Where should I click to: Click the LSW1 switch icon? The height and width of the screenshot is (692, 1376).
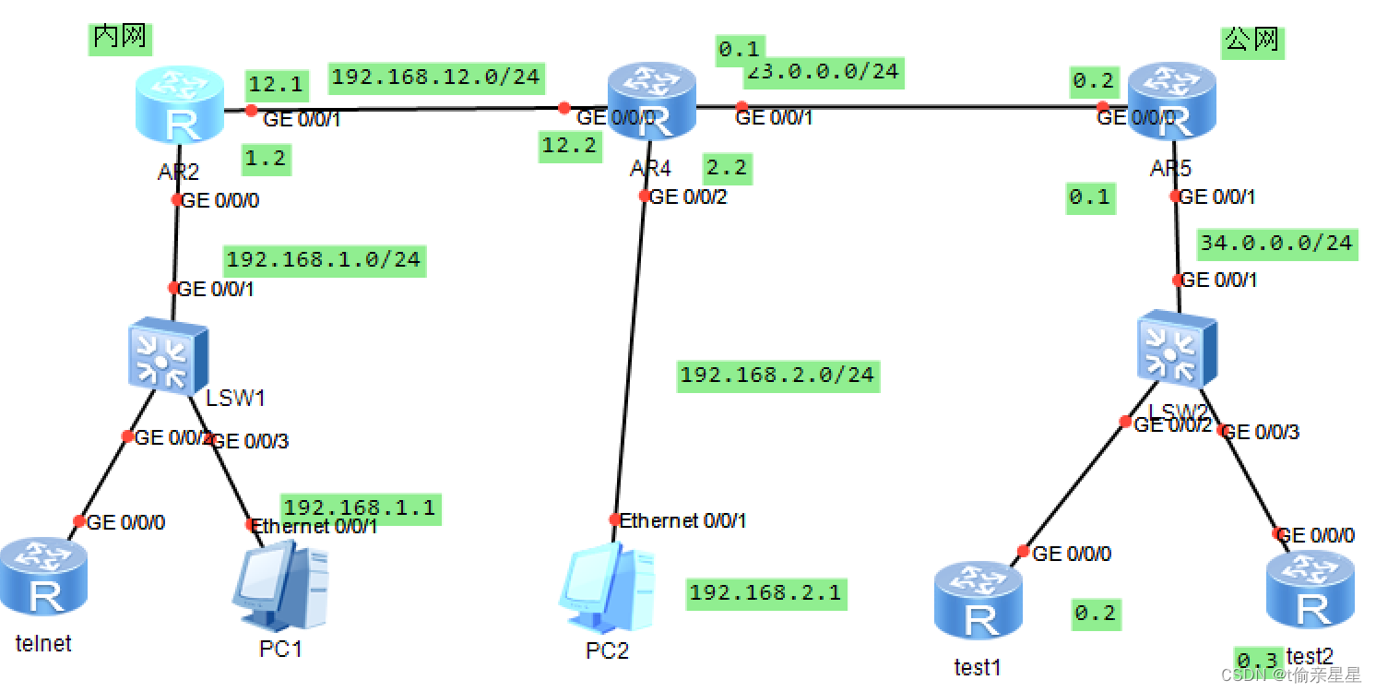(x=166, y=356)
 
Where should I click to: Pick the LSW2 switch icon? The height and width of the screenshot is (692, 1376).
(x=1176, y=349)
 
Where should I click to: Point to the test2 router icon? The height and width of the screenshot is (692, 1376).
(x=1311, y=591)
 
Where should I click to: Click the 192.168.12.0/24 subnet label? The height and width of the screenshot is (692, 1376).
(x=435, y=77)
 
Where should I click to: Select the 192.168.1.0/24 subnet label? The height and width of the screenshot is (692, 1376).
(x=324, y=260)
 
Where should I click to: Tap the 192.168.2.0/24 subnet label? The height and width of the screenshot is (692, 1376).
(x=777, y=376)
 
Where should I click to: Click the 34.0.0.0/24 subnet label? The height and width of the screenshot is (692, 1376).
(x=1276, y=244)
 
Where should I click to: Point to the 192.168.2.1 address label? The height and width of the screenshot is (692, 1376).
(x=765, y=593)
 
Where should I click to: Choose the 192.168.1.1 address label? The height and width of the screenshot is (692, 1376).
(x=360, y=507)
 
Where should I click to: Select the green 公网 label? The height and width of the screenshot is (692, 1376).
(x=1252, y=41)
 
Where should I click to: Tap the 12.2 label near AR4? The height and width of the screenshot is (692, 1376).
(x=569, y=146)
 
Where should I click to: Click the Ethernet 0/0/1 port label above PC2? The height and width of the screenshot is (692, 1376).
(x=683, y=520)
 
